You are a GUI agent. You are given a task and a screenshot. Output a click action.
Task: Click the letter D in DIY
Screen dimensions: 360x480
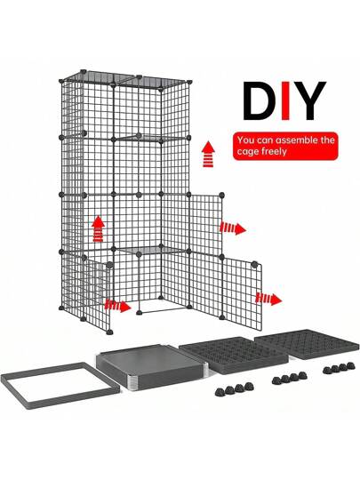(258, 100)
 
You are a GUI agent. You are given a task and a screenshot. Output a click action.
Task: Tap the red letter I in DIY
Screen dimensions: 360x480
(285, 100)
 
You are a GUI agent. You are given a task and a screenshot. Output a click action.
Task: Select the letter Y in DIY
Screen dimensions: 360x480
(309, 100)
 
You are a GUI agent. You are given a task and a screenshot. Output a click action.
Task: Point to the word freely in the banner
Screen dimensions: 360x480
(274, 152)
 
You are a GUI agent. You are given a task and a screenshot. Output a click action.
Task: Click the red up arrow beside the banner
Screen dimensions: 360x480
(209, 154)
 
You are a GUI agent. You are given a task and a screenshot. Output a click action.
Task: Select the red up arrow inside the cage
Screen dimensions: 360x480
(98, 229)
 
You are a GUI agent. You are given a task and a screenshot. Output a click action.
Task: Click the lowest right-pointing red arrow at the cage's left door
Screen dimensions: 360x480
(118, 306)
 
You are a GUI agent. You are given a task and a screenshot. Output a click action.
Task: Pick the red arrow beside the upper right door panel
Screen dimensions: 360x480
(233, 228)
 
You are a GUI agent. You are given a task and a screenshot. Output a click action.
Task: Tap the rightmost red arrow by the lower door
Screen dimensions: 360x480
(268, 299)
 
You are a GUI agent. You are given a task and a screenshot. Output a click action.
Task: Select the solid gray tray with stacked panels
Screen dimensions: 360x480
(152, 367)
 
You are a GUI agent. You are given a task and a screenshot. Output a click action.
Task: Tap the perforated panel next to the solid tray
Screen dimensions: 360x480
(233, 355)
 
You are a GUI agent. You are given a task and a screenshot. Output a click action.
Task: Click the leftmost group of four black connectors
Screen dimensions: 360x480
(235, 388)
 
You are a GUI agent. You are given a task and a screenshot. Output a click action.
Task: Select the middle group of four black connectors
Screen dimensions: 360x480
(289, 378)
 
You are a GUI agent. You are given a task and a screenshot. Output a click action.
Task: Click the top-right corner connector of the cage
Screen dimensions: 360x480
(190, 82)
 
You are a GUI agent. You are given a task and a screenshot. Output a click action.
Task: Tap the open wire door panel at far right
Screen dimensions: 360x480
(242, 294)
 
